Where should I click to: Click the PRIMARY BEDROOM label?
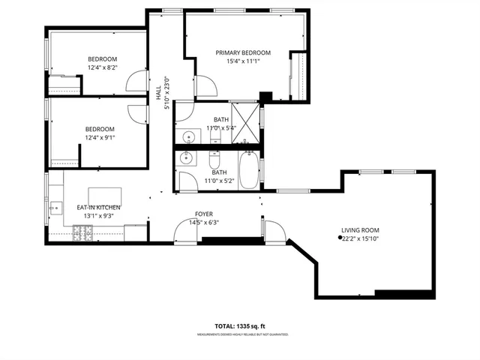(x=243, y=52)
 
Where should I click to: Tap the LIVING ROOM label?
(x=360, y=230)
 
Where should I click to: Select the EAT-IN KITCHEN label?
(x=99, y=207)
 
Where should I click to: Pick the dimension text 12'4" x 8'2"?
(x=103, y=67)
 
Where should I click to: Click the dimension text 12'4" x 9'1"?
(x=100, y=137)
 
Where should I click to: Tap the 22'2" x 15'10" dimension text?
(x=361, y=239)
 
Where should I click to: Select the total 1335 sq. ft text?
(x=242, y=327)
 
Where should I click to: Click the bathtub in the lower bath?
(x=248, y=172)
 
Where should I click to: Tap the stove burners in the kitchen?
(x=82, y=234)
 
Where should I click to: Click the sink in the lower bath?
(x=186, y=160)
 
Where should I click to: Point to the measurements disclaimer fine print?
(x=242, y=334)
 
